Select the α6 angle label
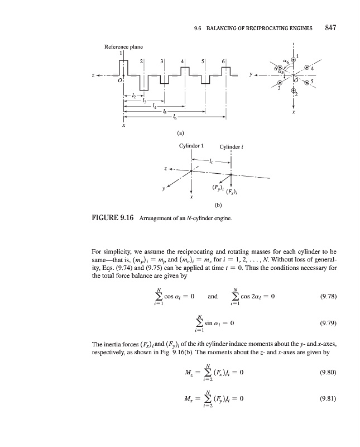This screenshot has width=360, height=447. click(x=286, y=56)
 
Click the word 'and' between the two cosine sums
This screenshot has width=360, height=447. click(x=213, y=296)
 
